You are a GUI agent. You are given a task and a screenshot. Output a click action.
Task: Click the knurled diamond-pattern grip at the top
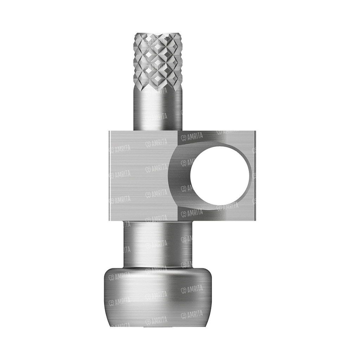158,61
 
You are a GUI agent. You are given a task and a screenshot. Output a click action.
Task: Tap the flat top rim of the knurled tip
158,34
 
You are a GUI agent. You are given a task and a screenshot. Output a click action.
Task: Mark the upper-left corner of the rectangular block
109,131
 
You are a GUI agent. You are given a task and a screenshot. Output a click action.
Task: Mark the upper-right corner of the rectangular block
256,131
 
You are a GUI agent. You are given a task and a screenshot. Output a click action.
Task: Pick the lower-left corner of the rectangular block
109,221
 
